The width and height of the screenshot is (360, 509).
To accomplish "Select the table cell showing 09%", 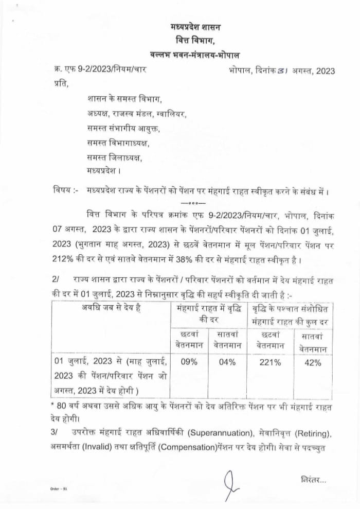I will coord(189,362).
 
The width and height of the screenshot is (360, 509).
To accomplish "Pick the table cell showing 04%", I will coord(227,362).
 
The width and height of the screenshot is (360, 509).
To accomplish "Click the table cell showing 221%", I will coord(271,362).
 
